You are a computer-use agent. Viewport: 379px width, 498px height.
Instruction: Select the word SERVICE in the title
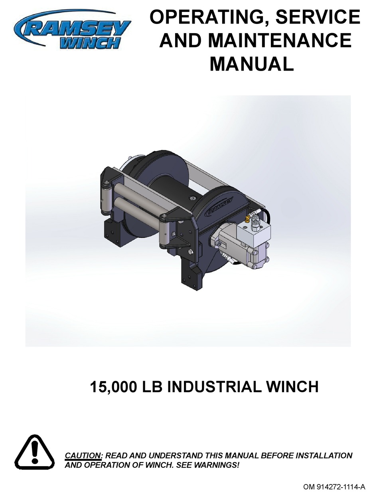pyautogui.click(x=314, y=18)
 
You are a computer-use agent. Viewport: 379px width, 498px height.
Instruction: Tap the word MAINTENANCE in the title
pyautogui.click(x=279, y=41)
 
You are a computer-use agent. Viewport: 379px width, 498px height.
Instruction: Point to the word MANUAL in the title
pyautogui.click(x=251, y=64)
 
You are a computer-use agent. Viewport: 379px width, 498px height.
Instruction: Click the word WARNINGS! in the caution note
pyautogui.click(x=220, y=465)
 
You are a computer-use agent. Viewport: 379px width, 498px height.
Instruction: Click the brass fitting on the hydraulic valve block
pyautogui.click(x=248, y=218)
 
